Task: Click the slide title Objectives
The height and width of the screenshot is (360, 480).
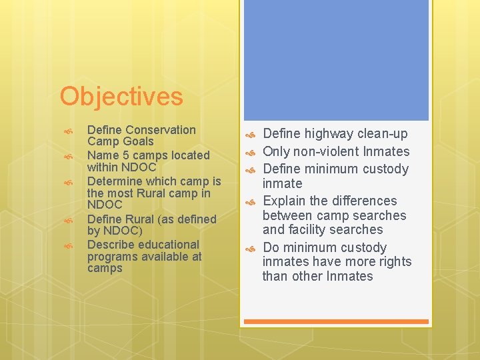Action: pyautogui.click(x=121, y=97)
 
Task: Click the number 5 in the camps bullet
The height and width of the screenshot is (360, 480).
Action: pyautogui.click(x=123, y=155)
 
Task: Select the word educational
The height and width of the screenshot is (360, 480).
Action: pyautogui.click(x=169, y=245)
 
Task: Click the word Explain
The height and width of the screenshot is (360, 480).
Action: pyautogui.click(x=286, y=201)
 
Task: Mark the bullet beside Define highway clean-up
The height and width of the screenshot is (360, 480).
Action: pyautogui.click(x=251, y=135)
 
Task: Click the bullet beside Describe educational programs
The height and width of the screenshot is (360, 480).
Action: pyautogui.click(x=67, y=246)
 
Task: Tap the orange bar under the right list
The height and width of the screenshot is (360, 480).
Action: pyautogui.click(x=337, y=321)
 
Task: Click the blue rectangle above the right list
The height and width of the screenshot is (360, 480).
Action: pyautogui.click(x=337, y=60)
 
